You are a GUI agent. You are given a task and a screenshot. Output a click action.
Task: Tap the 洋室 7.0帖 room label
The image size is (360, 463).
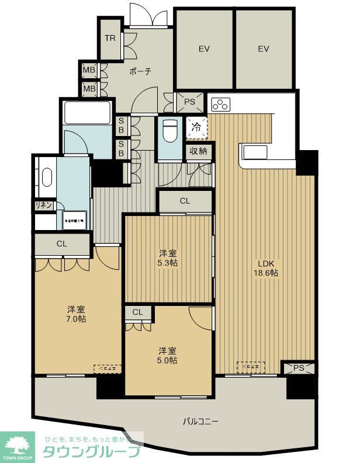coord(77,314)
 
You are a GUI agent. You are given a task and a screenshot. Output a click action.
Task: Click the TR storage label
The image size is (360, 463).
coord(110,39)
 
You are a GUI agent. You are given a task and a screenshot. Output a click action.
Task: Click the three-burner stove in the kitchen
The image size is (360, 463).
coord(220,105)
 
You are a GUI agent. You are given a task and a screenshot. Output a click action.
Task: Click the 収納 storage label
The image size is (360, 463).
coord(198,151)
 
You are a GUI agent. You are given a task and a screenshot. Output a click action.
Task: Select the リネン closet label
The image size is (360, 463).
coord(44,206)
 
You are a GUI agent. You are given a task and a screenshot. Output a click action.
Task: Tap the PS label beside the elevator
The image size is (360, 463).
coord(189,102)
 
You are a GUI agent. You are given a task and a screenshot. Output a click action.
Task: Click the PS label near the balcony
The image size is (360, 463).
coord(299,368)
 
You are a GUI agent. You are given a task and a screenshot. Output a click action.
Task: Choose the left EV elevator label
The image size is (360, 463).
coord(203,49)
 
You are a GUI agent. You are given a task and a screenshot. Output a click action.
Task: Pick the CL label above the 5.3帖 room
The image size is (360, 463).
coord(185,201)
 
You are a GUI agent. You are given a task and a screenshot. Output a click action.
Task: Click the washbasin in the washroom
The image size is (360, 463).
coord(46,176)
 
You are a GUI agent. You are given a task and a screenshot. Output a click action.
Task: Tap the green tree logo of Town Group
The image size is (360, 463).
coord(19,446)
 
